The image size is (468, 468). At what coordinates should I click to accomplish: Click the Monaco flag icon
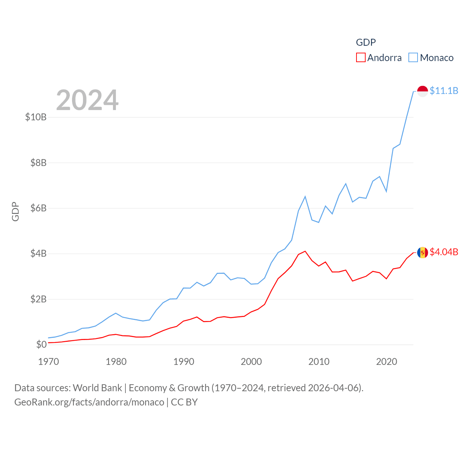coord(422,91)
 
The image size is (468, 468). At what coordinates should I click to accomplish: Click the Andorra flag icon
coord(422,252)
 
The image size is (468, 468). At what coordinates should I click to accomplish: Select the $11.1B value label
coord(444,91)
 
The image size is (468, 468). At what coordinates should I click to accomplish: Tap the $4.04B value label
coord(444,252)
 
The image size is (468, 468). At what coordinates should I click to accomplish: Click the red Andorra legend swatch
coord(361,58)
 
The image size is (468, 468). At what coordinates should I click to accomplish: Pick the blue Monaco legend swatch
coord(413,58)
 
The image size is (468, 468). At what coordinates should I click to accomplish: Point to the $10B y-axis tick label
coord(36,117)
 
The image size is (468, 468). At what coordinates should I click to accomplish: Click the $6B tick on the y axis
coord(38,208)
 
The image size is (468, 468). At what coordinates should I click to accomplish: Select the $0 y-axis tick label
coord(41,344)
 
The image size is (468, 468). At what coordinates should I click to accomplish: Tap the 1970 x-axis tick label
coord(49,362)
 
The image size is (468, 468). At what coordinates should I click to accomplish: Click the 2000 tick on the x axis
coord(251,362)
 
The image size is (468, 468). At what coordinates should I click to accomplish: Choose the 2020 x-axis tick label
coord(386,362)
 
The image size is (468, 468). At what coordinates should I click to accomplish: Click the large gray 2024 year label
coord(87,100)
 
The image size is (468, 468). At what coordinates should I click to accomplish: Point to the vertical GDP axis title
coord(15,211)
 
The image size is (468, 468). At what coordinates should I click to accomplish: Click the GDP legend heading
coord(366,42)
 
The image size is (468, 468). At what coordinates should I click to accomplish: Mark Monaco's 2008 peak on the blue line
coord(305,197)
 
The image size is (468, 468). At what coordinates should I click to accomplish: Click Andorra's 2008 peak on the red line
coord(305,251)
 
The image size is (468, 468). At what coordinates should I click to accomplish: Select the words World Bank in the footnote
coord(97,388)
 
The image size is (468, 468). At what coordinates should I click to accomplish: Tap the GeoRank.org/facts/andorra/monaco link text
coord(89,402)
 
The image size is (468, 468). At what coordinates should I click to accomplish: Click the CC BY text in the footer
coord(184,402)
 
